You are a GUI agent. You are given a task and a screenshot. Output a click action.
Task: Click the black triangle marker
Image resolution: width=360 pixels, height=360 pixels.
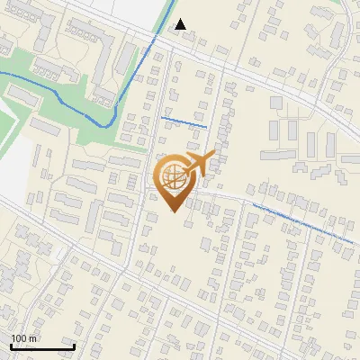(181, 24)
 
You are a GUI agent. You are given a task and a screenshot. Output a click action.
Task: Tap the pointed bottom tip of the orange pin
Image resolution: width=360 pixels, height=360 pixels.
(174, 212)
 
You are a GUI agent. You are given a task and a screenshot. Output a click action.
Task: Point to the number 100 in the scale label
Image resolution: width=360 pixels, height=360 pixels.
(20, 338)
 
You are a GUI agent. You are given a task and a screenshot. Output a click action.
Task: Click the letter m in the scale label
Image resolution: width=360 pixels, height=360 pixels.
(33, 338)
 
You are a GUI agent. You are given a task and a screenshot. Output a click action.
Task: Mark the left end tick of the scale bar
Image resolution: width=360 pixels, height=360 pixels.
(10, 346)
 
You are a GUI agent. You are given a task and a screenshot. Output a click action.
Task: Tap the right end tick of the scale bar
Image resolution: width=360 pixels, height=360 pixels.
(74, 346)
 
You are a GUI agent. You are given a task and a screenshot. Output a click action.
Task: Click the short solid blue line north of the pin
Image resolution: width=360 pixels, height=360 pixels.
(184, 121)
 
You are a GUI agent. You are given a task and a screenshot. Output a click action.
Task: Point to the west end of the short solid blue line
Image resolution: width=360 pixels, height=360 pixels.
(161, 117)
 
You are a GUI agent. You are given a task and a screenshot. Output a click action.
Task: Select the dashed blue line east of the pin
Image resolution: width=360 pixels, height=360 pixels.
(301, 223)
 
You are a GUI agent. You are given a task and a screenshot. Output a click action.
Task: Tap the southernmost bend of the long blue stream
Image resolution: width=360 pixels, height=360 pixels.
(106, 125)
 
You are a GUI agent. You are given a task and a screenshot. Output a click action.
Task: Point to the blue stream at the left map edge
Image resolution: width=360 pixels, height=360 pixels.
(2, 72)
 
